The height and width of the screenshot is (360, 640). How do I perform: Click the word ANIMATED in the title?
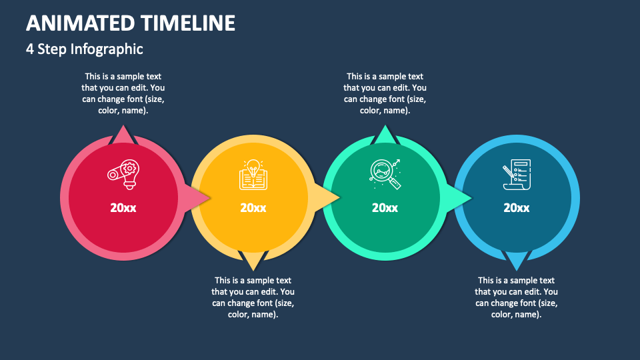click(x=81, y=23)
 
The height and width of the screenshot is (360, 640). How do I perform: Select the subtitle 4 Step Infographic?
click(x=85, y=49)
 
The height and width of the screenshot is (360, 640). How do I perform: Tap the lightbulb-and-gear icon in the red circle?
click(x=123, y=175)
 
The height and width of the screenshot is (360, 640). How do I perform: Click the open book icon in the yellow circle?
click(x=253, y=175)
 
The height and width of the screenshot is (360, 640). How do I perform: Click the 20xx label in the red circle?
click(x=123, y=208)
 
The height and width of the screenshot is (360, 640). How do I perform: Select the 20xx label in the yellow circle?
click(x=253, y=208)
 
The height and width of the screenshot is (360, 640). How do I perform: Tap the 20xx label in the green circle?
click(x=385, y=208)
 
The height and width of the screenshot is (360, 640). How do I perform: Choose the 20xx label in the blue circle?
click(x=516, y=208)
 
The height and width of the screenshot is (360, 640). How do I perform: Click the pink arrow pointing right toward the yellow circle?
click(x=199, y=197)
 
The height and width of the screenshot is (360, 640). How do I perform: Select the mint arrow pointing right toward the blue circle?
click(x=461, y=197)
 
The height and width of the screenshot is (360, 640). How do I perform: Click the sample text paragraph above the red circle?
click(x=123, y=93)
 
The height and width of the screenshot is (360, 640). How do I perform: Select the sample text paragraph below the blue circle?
click(x=516, y=297)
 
